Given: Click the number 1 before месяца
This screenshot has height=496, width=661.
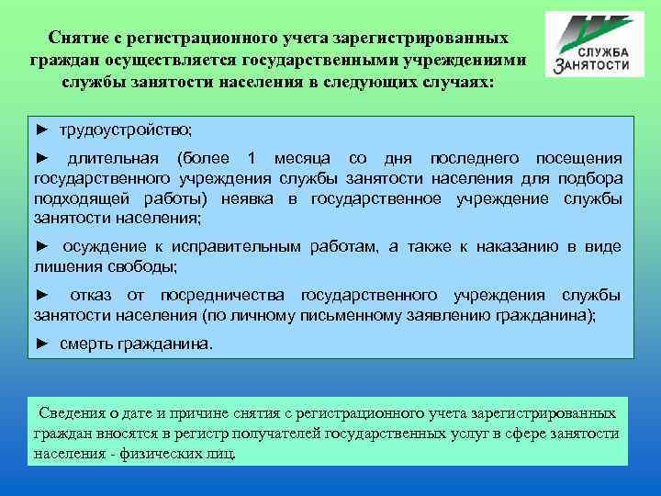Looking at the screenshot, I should pos(254,159).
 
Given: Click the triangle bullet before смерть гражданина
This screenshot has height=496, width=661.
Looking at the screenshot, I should pos(40,344).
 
